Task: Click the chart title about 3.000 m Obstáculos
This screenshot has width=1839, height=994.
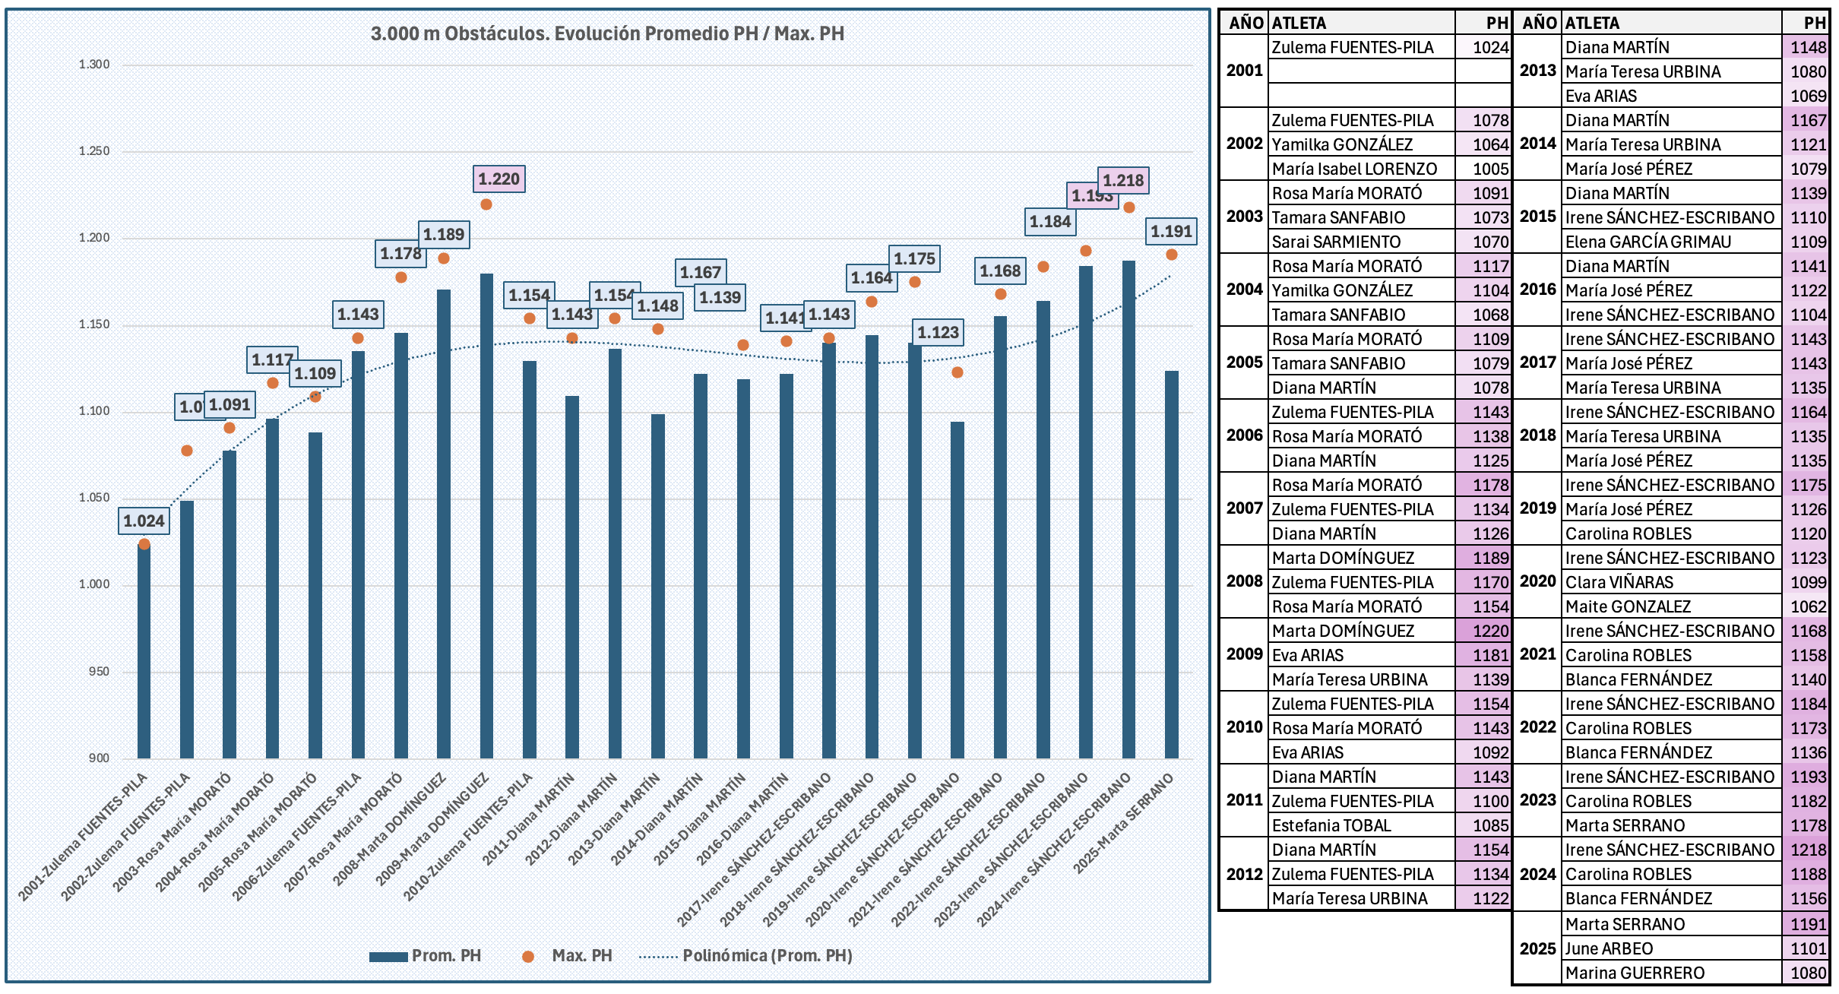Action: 607,33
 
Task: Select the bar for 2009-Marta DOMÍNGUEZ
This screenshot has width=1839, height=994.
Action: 486,517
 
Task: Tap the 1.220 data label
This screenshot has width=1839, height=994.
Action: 499,179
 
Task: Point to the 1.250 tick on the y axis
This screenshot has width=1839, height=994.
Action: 94,151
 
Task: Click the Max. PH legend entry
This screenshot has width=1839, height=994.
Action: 581,956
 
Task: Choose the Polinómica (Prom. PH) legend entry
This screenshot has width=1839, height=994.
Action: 767,956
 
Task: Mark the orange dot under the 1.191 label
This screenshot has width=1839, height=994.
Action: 1172,255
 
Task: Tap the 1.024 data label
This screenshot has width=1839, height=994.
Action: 144,521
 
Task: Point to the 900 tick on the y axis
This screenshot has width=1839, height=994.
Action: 99,758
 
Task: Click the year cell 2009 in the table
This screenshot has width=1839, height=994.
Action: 1244,654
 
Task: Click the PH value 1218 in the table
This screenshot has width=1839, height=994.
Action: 1807,850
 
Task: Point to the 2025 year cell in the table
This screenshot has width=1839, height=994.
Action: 1537,948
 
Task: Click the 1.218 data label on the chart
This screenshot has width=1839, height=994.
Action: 1123,181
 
